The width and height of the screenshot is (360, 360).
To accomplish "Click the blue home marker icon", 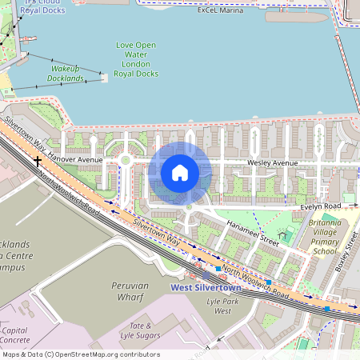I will [x=180, y=172].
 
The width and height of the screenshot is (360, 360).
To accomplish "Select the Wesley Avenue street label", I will [x=272, y=162].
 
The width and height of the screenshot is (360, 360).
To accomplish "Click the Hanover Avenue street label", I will [x=75, y=160].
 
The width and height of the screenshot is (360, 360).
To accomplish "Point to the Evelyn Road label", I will [x=321, y=206].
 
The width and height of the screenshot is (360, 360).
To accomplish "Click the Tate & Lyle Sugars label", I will [x=142, y=331].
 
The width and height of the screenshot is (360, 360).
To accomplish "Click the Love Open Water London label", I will [x=136, y=59].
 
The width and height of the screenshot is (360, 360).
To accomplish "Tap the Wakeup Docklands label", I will [x=66, y=74].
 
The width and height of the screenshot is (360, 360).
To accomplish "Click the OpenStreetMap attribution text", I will [x=80, y=354].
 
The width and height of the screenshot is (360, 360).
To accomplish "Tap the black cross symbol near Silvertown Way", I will [x=37, y=162].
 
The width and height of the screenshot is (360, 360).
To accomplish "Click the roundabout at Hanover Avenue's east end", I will [x=125, y=160].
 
